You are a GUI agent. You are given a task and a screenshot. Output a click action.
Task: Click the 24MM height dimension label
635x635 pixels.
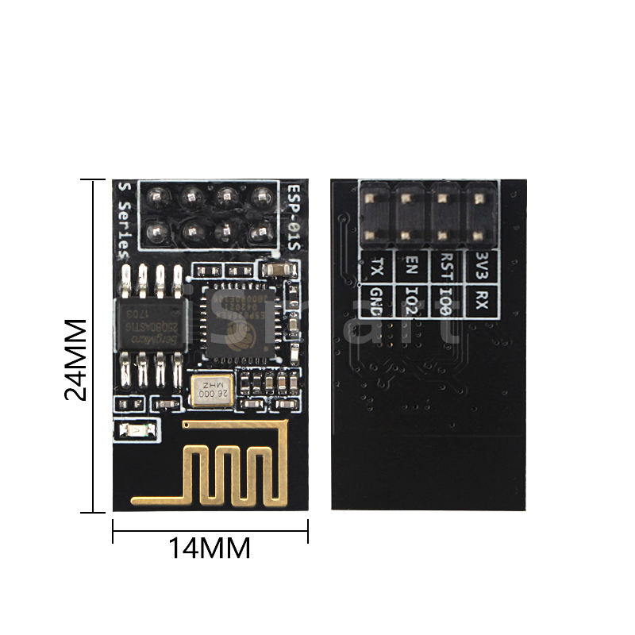pyautogui.click(x=75, y=360)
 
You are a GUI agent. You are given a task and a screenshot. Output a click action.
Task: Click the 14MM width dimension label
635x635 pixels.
pyautogui.click(x=210, y=548)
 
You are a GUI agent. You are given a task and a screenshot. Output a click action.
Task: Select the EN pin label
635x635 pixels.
pyautogui.click(x=411, y=264)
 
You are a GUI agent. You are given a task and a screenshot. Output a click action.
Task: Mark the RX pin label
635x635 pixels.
pyautogui.click(x=479, y=298)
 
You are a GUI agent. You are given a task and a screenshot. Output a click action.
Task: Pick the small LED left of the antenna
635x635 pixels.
pyautogui.click(x=133, y=432)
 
